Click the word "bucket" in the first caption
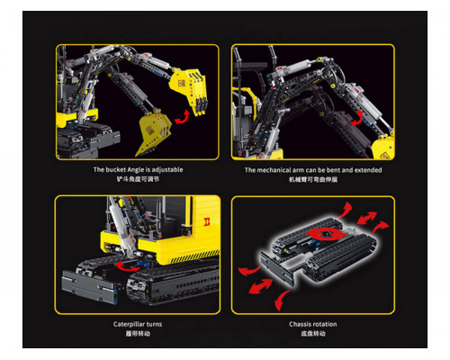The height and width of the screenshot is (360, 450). tap(115, 170)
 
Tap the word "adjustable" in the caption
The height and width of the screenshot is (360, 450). tap(167, 170)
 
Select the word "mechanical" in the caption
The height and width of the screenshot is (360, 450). tap(274, 170)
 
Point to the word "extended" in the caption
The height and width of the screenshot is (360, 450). tap(368, 170)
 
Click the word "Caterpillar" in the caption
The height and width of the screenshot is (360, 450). tap(129, 324)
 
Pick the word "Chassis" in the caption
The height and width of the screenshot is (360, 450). tap(300, 324)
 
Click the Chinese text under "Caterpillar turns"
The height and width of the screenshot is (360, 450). tap(138, 334)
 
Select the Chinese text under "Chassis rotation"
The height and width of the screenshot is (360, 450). tap(313, 334)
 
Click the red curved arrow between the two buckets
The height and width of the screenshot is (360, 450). tap(182, 118)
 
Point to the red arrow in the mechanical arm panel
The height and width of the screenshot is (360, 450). tap(357, 118)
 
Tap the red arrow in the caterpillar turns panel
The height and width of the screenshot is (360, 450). tap(126, 267)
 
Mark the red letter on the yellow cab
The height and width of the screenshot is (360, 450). tap(207, 222)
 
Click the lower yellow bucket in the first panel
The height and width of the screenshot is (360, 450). tap(154, 132)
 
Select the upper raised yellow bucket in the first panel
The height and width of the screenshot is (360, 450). tap(189, 91)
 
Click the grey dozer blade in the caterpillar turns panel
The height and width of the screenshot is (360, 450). tap(89, 286)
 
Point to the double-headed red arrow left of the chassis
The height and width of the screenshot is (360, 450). tap(260, 285)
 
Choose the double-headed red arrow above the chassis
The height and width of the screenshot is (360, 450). tap(367, 218)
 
